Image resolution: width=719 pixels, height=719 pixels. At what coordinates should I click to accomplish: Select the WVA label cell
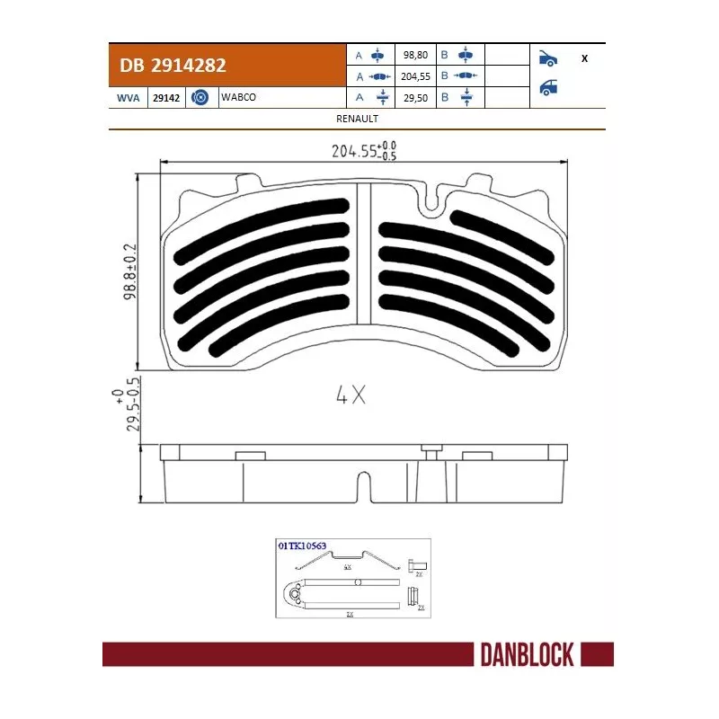coord(128,97)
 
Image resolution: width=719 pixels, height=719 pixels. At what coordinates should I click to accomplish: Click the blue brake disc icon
coord(200,97)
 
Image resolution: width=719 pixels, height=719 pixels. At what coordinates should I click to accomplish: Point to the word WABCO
coord(239,97)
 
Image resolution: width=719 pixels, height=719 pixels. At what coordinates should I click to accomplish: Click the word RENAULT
coord(357,119)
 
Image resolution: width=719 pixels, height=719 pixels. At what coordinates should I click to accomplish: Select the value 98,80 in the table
coord(415,56)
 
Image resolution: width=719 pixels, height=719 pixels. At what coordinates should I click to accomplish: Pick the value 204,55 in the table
coord(415,76)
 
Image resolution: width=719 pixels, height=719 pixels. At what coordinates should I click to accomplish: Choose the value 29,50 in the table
coord(415,97)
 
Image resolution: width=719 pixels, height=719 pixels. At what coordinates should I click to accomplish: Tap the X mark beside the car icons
coord(585,58)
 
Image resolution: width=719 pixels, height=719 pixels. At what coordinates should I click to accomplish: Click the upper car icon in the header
coord(547,58)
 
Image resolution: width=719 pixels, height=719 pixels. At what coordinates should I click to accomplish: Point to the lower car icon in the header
coord(547,88)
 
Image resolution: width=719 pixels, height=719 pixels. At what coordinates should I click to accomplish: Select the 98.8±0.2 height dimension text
coord(130,270)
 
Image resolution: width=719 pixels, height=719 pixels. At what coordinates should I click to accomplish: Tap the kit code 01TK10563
coord(301,546)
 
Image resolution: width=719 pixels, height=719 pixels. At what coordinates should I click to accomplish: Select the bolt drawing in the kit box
coord(416,565)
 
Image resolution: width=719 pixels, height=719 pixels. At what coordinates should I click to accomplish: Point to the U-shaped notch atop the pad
coord(432,202)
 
